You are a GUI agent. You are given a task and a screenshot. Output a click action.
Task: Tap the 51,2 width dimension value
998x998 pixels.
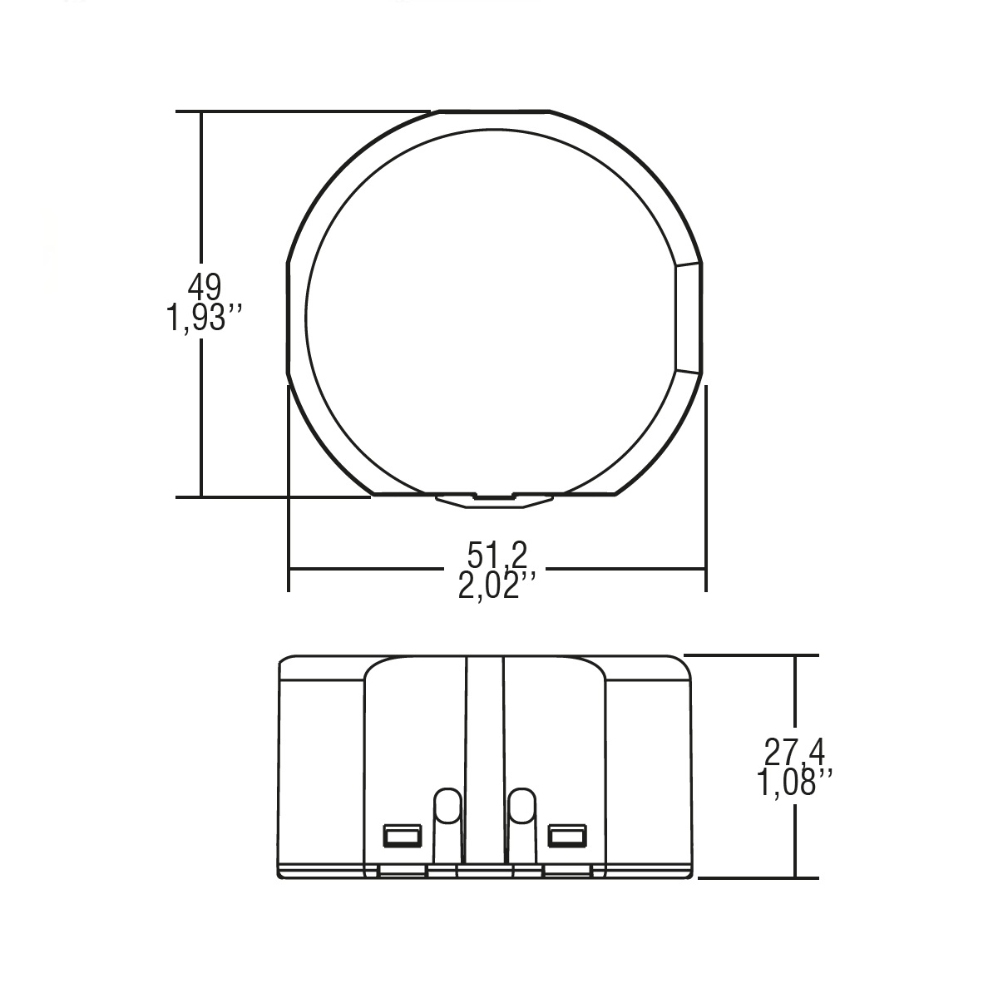(x=497, y=555)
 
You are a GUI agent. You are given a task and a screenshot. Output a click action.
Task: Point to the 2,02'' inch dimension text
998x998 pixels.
(x=497, y=585)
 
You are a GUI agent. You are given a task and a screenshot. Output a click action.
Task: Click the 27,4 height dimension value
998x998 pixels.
(x=794, y=752)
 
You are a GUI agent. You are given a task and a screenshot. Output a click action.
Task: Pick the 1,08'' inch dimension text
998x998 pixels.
(x=794, y=782)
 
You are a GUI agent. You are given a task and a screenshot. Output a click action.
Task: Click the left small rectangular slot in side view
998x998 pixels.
(x=402, y=836)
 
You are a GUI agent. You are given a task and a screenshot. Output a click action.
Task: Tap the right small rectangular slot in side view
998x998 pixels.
(x=568, y=836)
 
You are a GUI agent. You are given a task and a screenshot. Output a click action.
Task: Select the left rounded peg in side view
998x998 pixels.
(x=447, y=826)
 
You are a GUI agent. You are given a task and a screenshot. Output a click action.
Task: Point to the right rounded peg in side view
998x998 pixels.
(x=522, y=826)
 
